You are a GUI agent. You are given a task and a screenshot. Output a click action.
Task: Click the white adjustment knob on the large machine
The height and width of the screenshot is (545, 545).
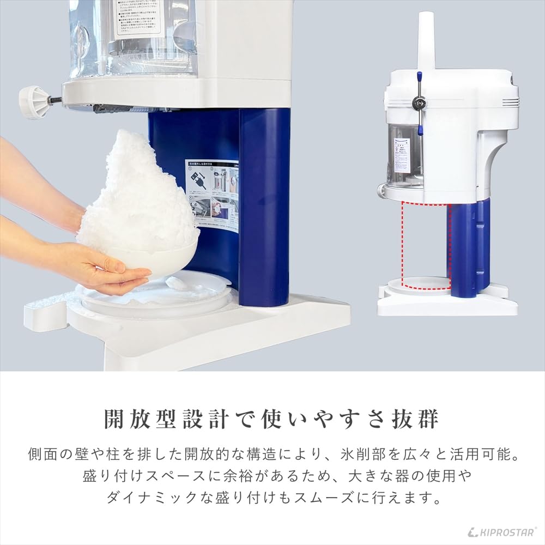click(32, 101)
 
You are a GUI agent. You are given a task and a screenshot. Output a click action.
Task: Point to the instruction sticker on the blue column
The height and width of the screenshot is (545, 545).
click(212, 194)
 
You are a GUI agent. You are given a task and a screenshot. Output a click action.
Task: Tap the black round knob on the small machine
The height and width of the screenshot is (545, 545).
click(419, 101)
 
